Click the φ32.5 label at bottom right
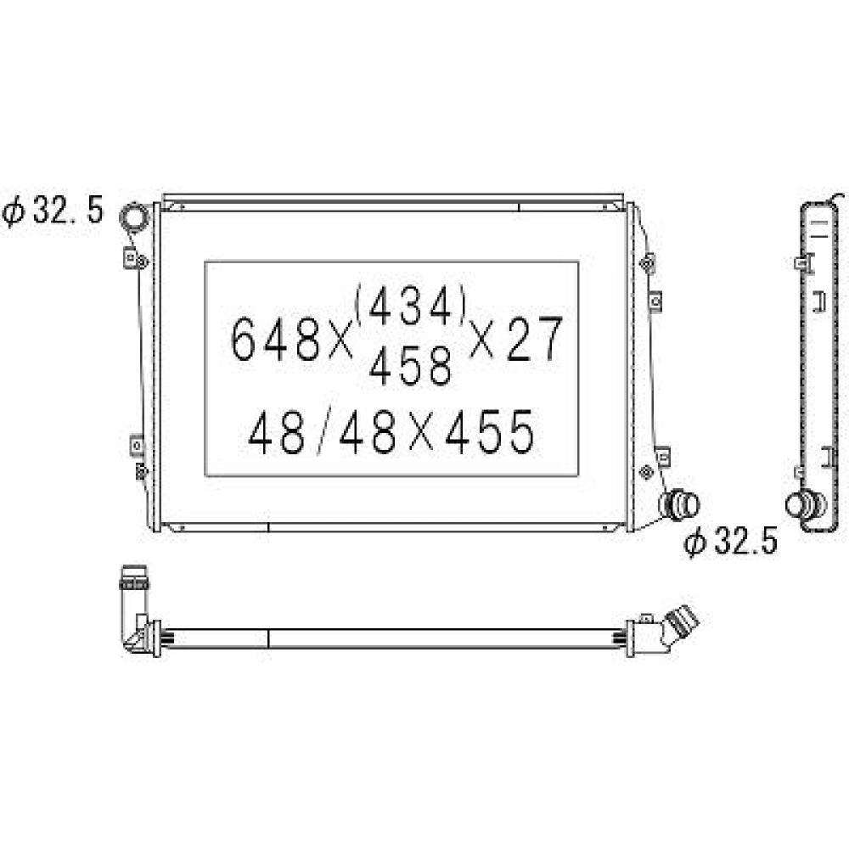pos(732,542)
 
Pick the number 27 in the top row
pos(535,339)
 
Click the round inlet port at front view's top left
pos(134,218)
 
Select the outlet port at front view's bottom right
pos(681,505)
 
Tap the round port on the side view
pos(801,505)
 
